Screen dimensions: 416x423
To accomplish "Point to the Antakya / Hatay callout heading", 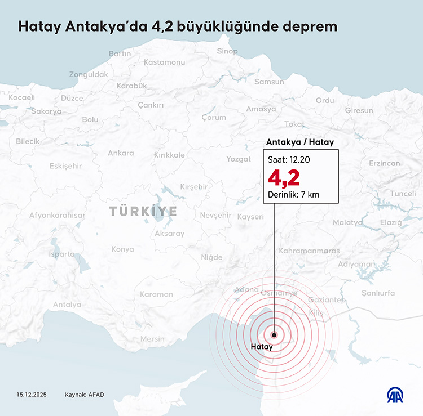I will point(300,142).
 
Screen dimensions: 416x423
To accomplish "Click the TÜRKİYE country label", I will point(143,212).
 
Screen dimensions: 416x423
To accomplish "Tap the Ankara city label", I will point(121,153).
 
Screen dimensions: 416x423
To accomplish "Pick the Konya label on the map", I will point(122,249).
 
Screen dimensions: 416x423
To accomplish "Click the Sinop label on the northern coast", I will point(227,51).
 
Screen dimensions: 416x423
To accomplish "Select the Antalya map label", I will point(67,305).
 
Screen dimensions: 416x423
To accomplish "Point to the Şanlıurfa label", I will point(378,293).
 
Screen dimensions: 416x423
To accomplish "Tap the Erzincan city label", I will point(384,163).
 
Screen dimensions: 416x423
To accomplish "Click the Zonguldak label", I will point(89,74).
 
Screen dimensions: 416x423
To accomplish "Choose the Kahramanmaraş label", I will point(310,249).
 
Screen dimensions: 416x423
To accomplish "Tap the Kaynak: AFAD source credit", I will point(85,394).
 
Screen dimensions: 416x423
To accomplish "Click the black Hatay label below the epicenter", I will point(262,347).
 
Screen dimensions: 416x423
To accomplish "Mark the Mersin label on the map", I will point(152,339).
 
